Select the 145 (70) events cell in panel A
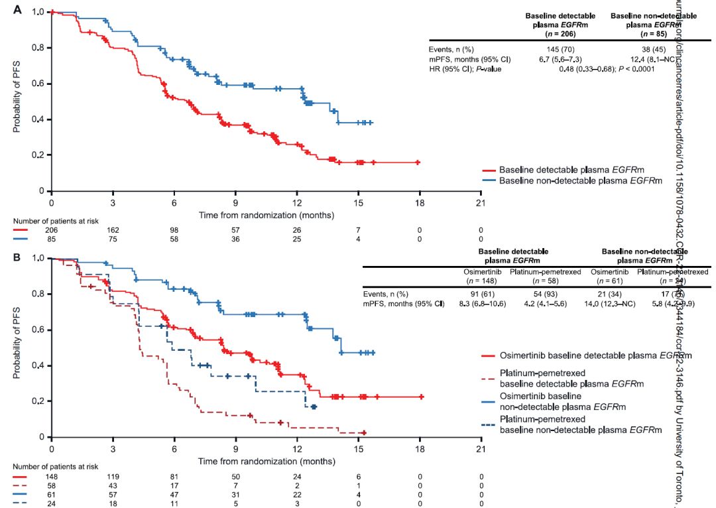[560, 48]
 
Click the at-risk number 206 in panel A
[52, 229]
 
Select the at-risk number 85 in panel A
[52, 239]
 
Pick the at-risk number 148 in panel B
[52, 476]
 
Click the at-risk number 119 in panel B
[113, 476]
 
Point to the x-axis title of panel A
[266, 215]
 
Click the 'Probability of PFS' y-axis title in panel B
[17, 346]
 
